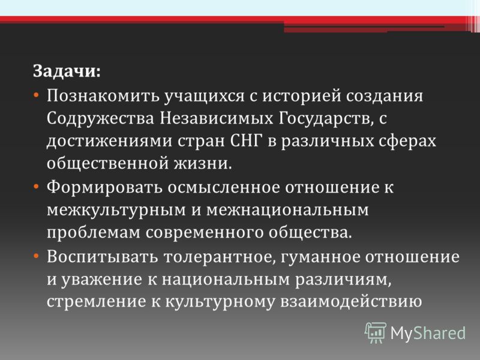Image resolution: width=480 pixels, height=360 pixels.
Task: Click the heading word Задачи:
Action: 67,72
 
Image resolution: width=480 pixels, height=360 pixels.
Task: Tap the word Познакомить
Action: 103,95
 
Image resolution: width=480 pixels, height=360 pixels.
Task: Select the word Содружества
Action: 100,119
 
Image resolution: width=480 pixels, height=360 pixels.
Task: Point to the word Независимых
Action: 217,118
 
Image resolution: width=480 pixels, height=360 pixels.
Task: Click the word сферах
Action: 407,142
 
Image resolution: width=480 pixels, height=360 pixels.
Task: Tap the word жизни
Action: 203,163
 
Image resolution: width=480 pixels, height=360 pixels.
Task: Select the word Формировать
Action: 104,187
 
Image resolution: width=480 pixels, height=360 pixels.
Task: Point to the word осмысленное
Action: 224,187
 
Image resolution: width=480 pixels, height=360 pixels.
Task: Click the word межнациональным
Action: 287,210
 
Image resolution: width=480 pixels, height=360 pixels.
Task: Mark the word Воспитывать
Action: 102,257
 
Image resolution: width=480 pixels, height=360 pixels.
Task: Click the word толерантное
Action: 217,257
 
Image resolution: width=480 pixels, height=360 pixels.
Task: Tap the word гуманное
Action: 319,257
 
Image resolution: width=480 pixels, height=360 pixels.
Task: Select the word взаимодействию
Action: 352,302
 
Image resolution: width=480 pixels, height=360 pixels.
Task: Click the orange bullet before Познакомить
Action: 36,95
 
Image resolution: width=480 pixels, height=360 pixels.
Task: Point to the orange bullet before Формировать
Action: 36,187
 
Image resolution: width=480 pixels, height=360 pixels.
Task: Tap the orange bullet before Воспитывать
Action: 36,256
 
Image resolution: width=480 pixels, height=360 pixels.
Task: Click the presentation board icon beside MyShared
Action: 376,332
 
